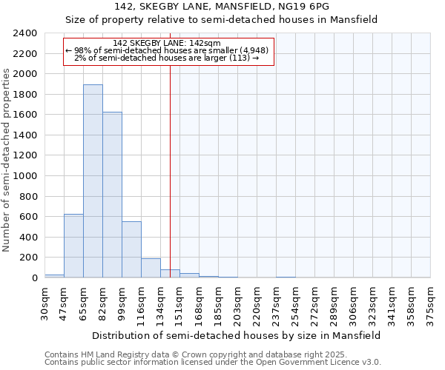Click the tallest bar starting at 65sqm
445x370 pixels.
coord(93,181)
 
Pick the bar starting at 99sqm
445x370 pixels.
coord(131,249)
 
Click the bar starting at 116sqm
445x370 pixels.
coord(151,268)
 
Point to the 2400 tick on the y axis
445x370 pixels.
coord(25,33)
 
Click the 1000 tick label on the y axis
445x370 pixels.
coord(25,176)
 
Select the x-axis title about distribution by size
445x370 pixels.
coord(237,335)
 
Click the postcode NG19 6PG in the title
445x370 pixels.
coord(308,7)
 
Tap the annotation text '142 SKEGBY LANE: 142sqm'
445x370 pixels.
coord(169,43)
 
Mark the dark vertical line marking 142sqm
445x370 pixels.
coord(171,185)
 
